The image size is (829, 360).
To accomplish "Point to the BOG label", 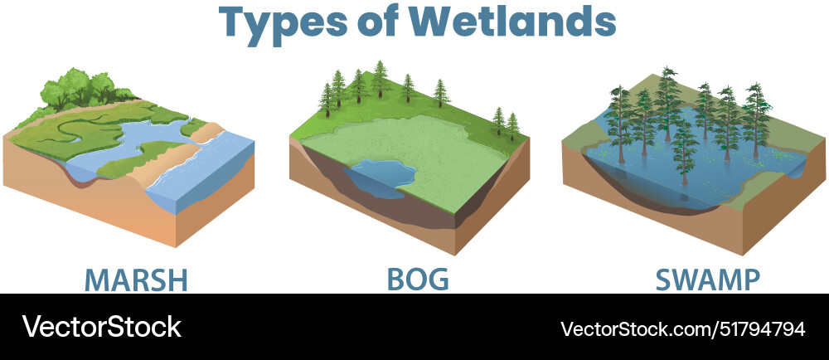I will click(x=418, y=279).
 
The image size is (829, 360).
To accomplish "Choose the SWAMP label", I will click(x=707, y=279).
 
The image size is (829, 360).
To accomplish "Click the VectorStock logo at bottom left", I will click(x=101, y=327).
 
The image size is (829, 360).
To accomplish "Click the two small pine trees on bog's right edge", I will click(x=505, y=122).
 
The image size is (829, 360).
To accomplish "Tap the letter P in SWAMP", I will click(x=749, y=279).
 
